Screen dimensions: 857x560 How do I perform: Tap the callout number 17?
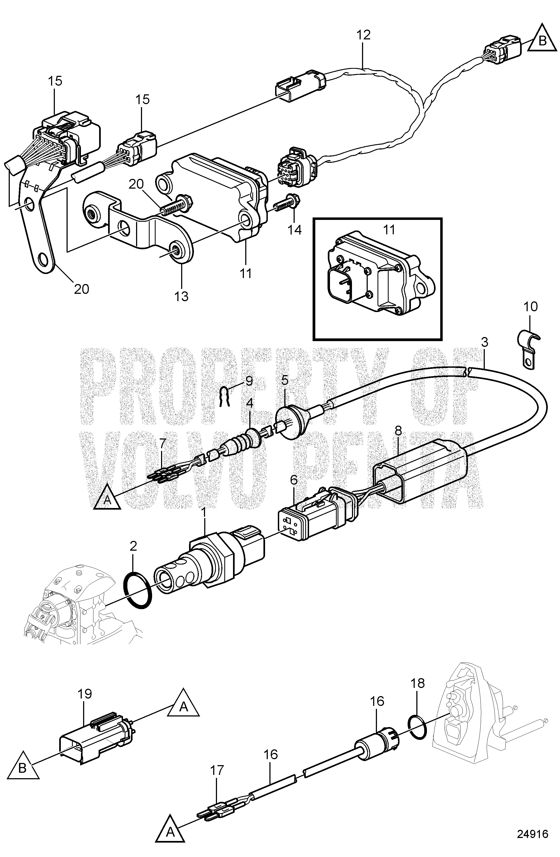coord(217,770)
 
